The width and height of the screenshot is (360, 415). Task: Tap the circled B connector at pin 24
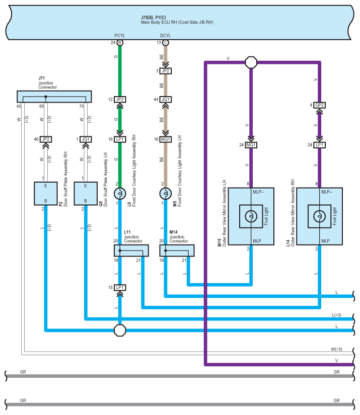(120, 43)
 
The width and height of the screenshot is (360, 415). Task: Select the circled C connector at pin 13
(165, 43)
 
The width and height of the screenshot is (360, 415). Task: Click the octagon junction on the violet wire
(251, 62)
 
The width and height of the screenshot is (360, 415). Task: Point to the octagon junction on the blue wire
(120, 330)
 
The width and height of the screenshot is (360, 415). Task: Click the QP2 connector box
(319, 105)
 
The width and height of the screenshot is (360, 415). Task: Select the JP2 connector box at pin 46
(45, 139)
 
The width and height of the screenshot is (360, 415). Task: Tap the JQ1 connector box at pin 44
(165, 100)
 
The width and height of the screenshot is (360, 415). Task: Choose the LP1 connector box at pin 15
(120, 287)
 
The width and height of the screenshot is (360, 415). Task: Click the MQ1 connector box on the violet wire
(251, 145)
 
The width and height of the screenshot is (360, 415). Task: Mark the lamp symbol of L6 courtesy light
(120, 194)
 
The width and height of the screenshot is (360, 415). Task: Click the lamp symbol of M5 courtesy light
(165, 194)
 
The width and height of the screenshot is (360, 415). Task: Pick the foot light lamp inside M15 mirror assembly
(251, 216)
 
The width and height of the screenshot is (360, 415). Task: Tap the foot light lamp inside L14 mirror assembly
(319, 216)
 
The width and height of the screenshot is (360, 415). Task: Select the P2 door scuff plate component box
(45, 194)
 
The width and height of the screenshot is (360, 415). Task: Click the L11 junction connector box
(128, 250)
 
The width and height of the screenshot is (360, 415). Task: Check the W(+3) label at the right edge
(337, 349)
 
